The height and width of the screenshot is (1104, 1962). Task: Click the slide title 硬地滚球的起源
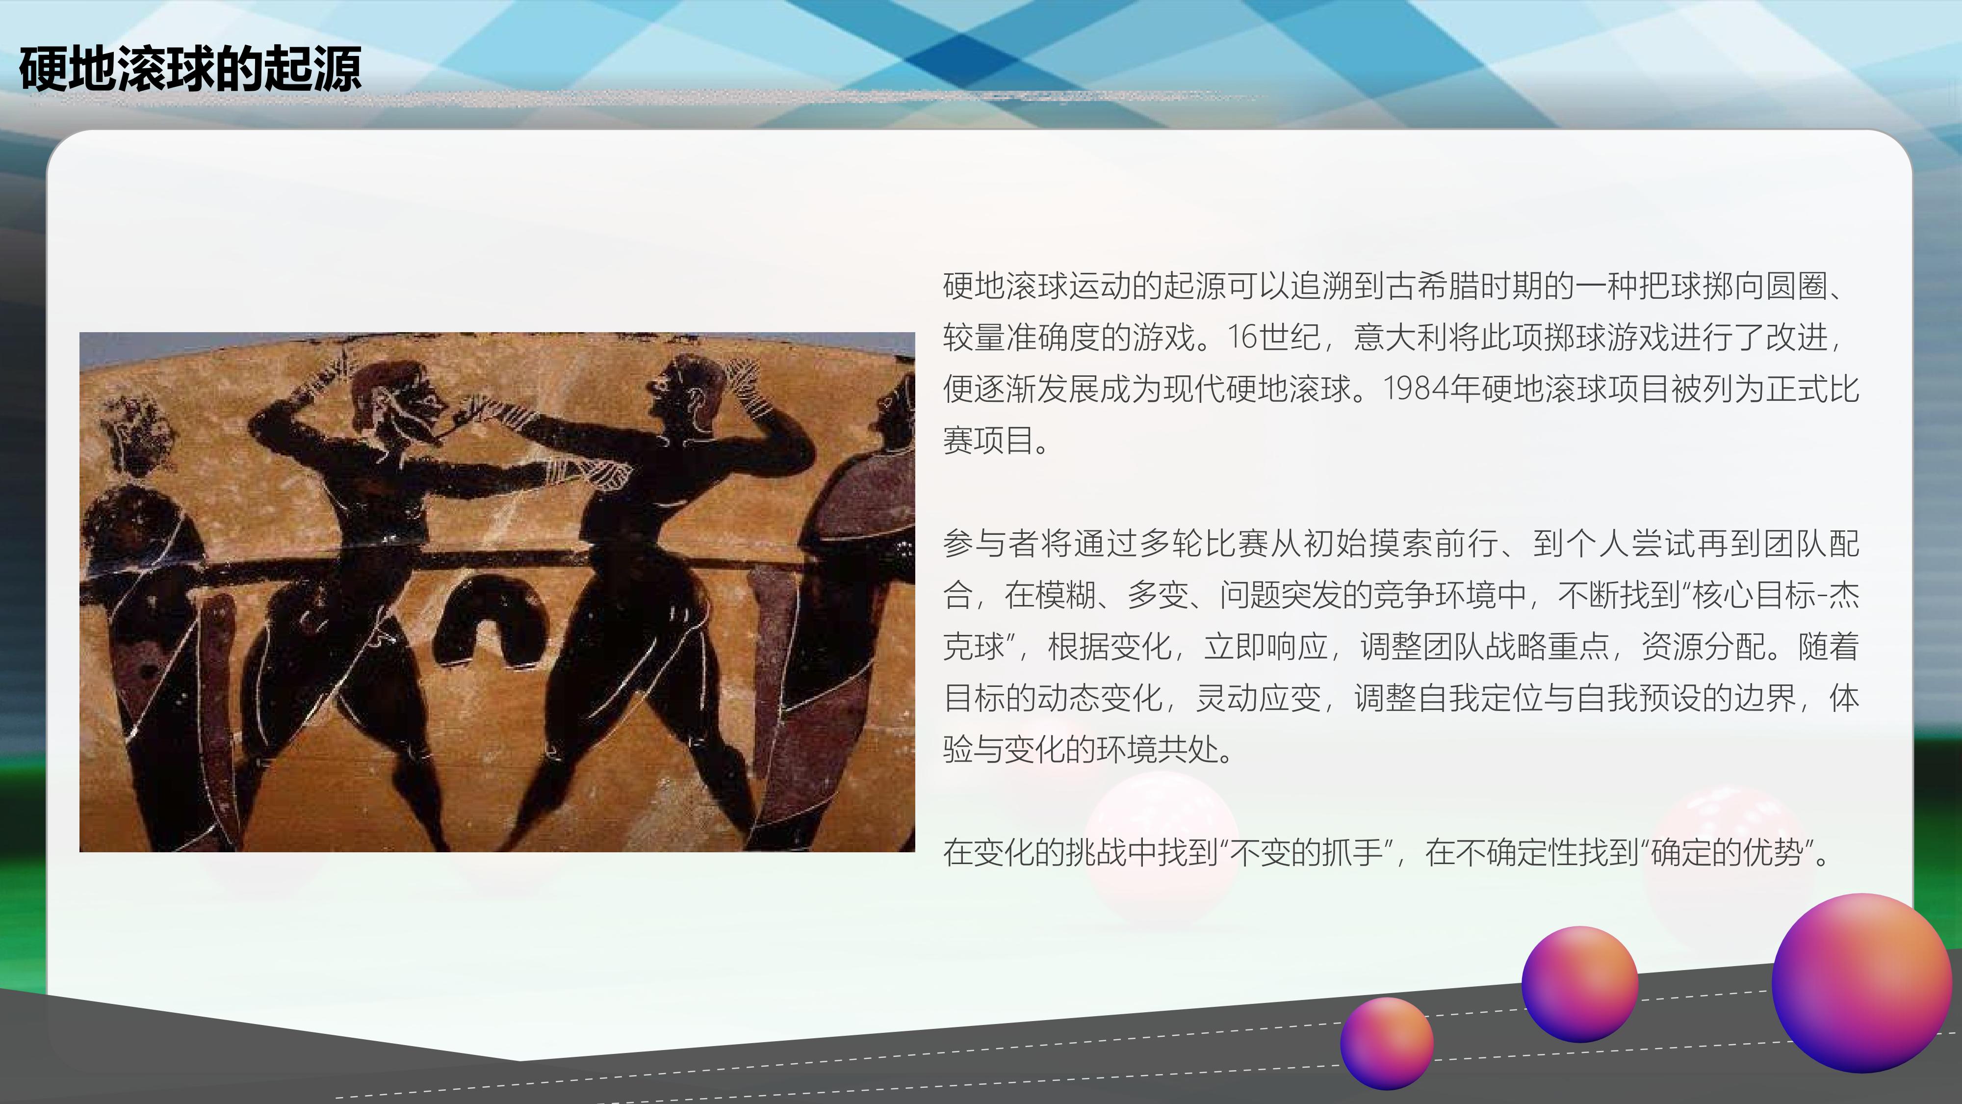click(x=190, y=69)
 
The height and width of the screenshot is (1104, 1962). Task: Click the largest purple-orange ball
click(x=1860, y=982)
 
